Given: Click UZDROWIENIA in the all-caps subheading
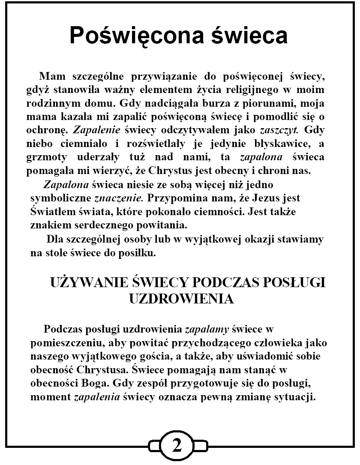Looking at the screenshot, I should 182,299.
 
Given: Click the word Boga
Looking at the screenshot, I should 115,383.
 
